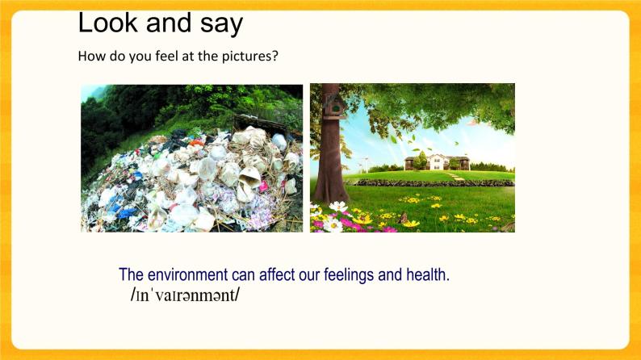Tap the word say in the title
218,24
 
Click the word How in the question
90,57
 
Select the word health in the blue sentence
427,274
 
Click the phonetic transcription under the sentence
185,295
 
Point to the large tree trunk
332,161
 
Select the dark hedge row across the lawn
436,183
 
